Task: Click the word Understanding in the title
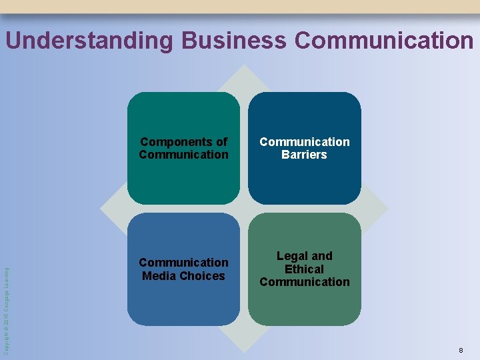point(89,41)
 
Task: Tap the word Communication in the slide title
point(383,41)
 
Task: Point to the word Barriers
point(304,155)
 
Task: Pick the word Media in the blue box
point(158,275)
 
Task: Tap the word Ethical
point(304,269)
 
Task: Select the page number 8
point(461,350)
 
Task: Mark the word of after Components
point(221,141)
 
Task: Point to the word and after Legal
point(321,256)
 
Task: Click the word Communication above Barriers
point(304,141)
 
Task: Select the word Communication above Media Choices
point(183,262)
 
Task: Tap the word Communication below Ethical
point(304,281)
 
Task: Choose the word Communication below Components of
point(183,155)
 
